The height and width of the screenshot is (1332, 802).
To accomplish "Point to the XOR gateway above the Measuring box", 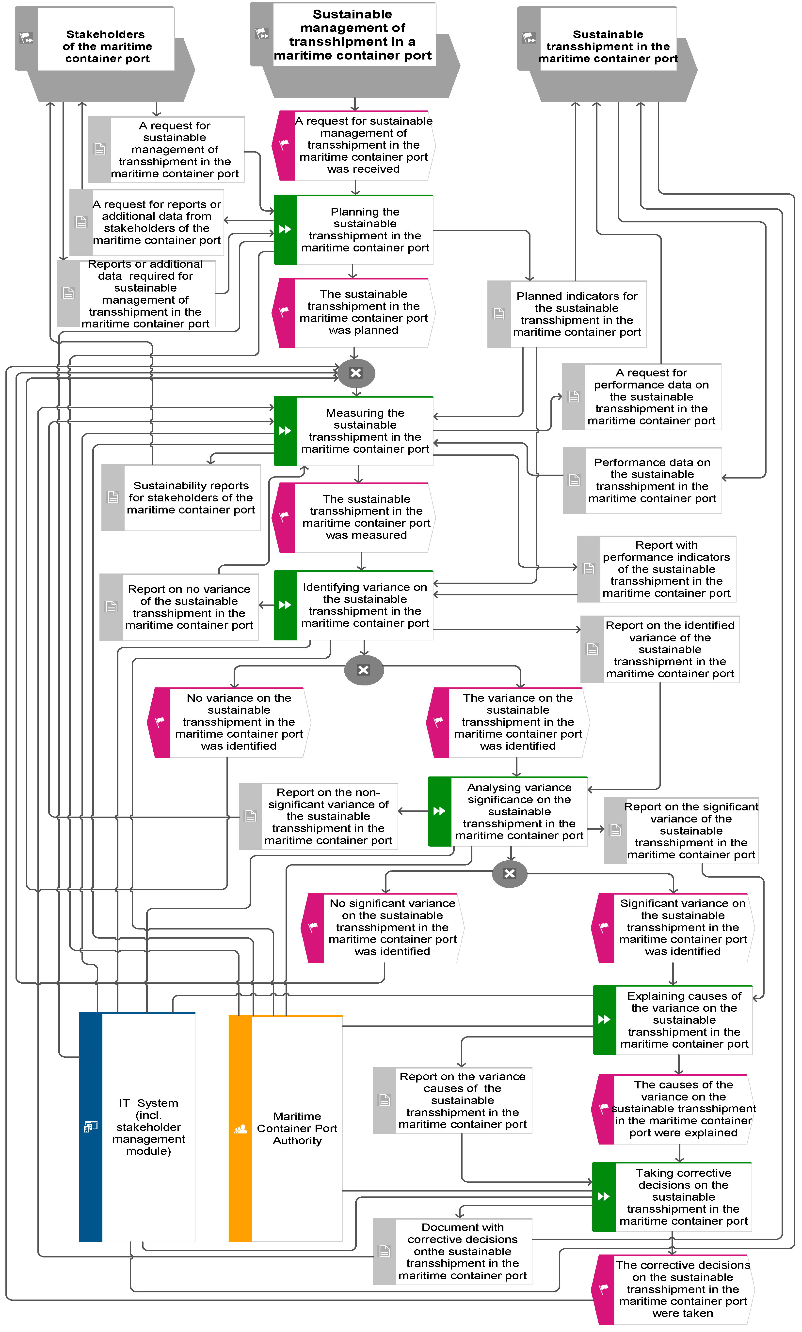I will tap(356, 373).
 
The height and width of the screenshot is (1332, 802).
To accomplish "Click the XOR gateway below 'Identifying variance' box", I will tap(364, 670).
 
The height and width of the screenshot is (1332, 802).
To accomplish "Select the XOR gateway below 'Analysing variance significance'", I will tap(510, 873).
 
